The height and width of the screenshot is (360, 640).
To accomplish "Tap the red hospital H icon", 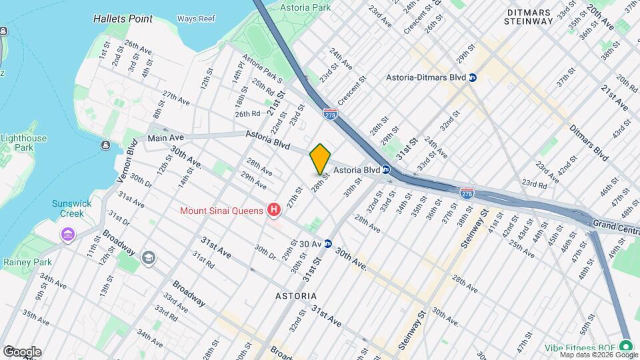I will click(273, 211).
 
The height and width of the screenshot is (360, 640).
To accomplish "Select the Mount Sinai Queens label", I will click(222, 211).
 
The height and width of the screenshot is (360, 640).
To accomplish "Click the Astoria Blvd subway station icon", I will click(386, 170).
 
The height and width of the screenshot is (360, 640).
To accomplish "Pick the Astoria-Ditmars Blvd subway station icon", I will click(473, 77).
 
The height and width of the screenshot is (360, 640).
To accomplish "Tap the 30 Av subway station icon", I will click(328, 244).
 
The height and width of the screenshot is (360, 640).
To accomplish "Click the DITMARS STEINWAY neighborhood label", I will click(529, 17).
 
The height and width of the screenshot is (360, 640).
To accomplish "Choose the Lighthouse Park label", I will click(23, 143).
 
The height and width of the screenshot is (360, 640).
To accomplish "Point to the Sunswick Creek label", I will click(68, 209).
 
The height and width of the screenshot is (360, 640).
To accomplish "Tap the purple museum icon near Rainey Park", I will click(67, 235).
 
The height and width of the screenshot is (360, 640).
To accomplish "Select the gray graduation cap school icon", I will click(148, 257).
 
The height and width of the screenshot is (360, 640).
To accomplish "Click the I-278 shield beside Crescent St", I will click(329, 114).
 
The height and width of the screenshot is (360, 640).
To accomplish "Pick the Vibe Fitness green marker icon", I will click(625, 345).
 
